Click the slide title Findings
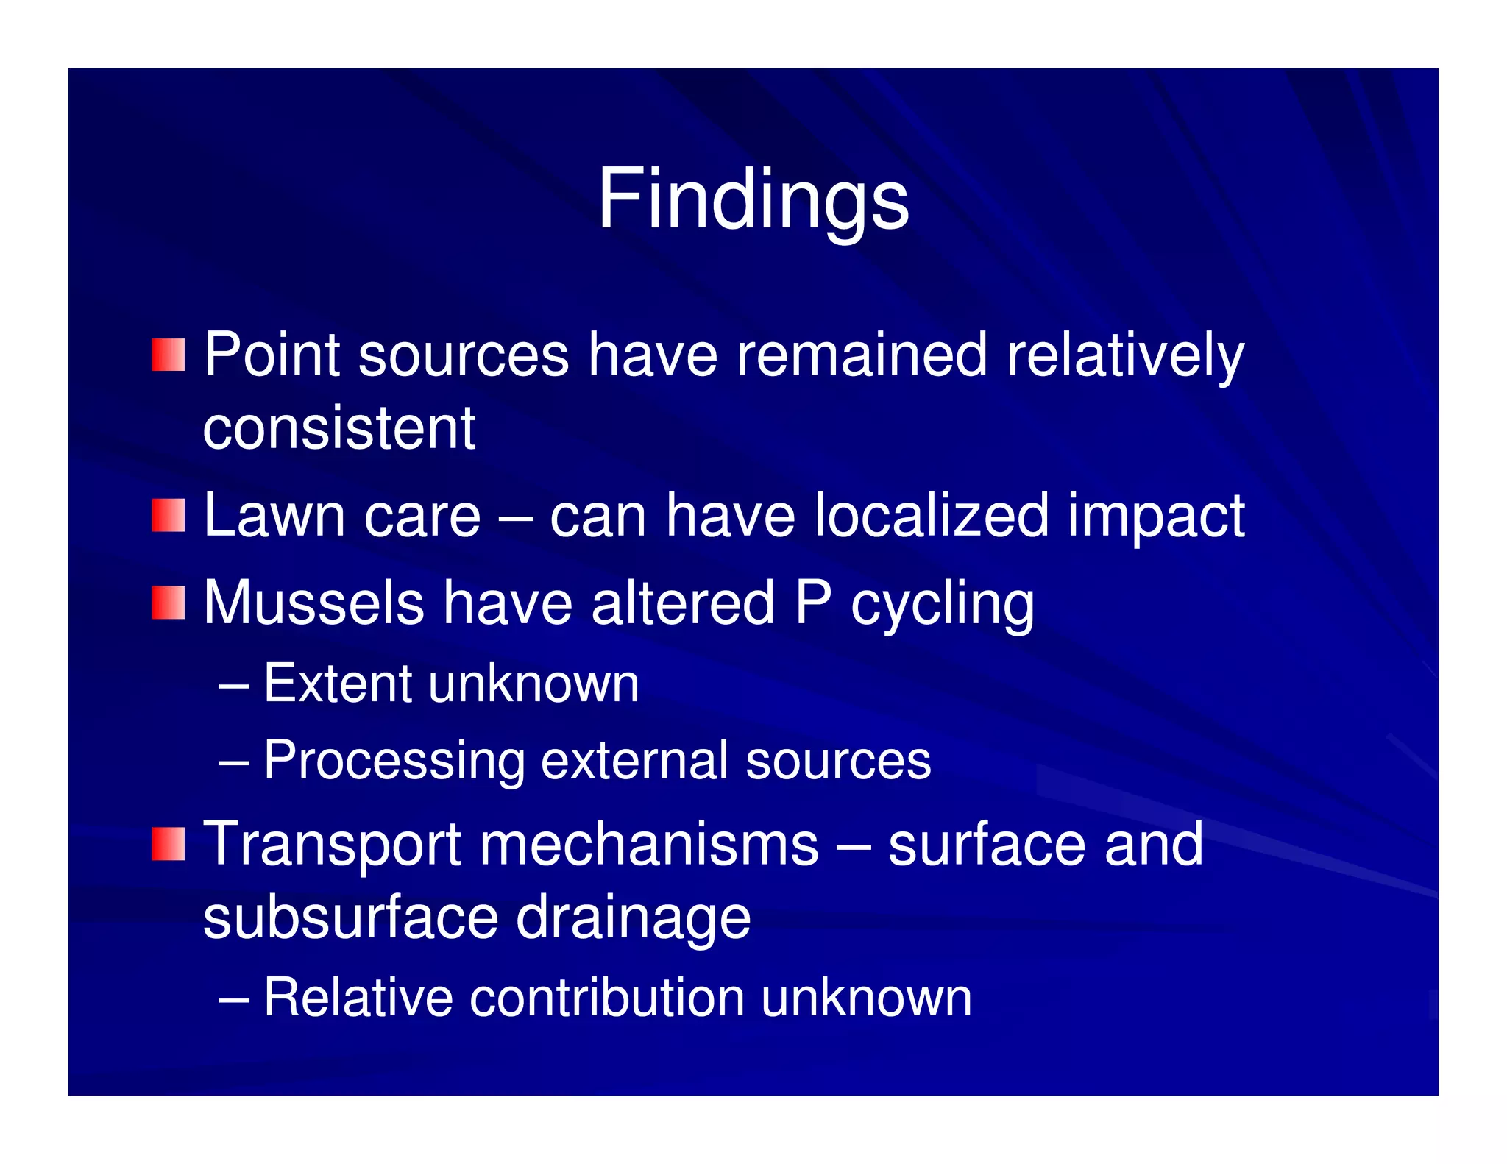click(753, 199)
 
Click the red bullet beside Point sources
click(169, 355)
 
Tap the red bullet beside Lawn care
click(169, 515)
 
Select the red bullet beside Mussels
click(169, 603)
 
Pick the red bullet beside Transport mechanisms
click(169, 843)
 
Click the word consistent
click(339, 428)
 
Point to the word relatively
click(1124, 355)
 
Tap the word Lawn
click(274, 515)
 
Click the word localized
click(932, 515)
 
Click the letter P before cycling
click(813, 603)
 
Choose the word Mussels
click(314, 603)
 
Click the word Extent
click(336, 684)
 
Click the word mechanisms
click(649, 845)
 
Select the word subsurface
click(350, 918)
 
